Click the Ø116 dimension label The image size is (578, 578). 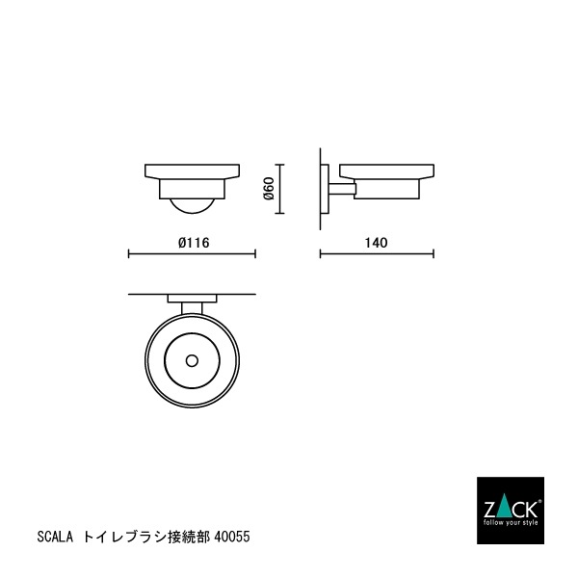coord(194,243)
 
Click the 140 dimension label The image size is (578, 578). coord(377,243)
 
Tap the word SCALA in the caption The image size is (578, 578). coord(53,533)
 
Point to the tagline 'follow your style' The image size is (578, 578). coord(512,522)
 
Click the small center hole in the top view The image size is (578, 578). coord(192,361)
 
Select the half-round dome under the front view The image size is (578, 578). coord(192,204)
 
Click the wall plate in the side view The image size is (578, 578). coord(323,187)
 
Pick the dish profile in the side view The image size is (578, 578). coord(385,179)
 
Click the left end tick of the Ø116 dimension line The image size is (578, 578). coord(129,255)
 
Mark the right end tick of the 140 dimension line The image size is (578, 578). coord(433,255)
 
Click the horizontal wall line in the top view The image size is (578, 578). coord(144,292)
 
